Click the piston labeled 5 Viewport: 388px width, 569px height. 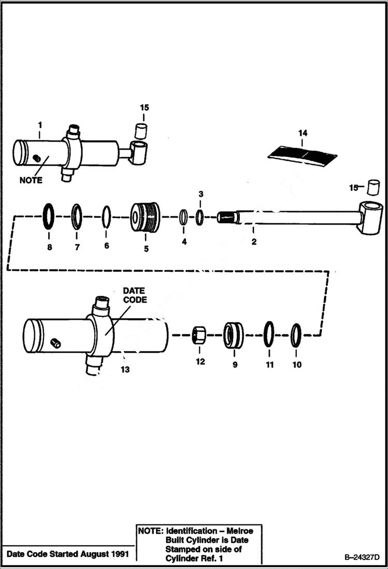click(x=145, y=218)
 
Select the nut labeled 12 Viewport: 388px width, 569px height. click(x=198, y=335)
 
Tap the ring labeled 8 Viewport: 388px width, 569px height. click(x=50, y=215)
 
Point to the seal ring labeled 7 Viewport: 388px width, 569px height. click(x=78, y=216)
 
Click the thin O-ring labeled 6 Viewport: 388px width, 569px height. click(x=107, y=216)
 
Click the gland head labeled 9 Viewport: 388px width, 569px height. click(x=234, y=336)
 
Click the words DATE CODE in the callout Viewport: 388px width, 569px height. click(x=134, y=295)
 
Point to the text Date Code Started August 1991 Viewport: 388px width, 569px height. click(x=65, y=553)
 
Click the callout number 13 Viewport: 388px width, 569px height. click(x=125, y=369)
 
